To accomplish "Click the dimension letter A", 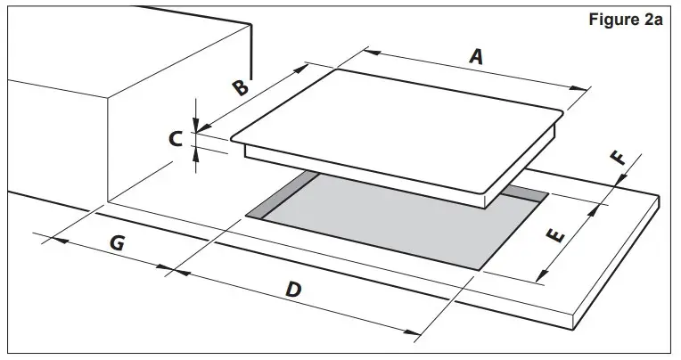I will pos(476,57).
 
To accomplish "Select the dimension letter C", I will pos(176,138).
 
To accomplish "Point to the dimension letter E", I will pos(554,236).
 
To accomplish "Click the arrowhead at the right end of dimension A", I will pos(584,88).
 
